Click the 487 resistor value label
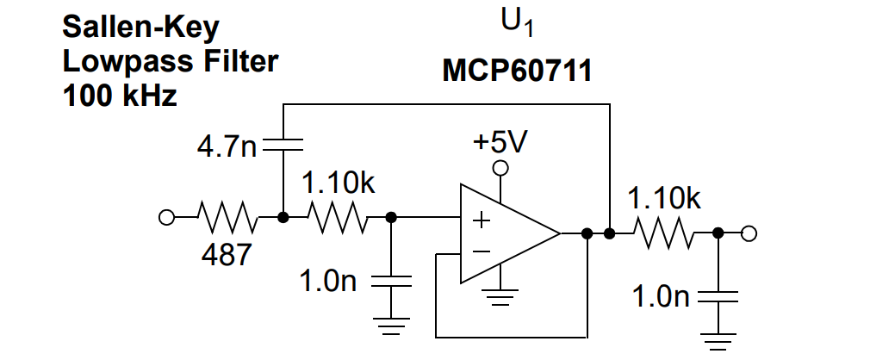click(227, 255)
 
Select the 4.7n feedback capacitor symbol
click(283, 144)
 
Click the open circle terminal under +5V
click(500, 168)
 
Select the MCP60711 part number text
click(517, 71)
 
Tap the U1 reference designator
click(517, 23)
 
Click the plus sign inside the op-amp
click(481, 220)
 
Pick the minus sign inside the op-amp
click(481, 252)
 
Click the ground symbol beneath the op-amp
click(501, 299)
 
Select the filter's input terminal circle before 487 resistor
click(166, 218)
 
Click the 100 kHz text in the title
click(120, 96)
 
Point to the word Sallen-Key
click(141, 28)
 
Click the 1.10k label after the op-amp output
click(664, 199)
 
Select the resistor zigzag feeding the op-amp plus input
click(338, 218)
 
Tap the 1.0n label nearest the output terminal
click(661, 297)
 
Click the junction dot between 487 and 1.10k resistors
click(283, 218)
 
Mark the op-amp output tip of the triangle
click(560, 233)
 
